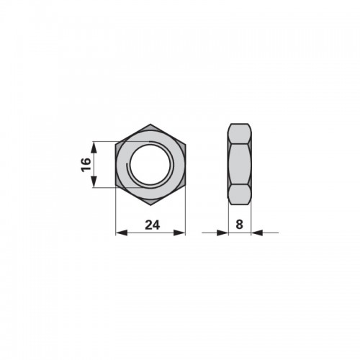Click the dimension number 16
tap(86, 165)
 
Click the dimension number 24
tap(153, 225)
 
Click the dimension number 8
tap(239, 225)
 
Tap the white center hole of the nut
tap(150, 165)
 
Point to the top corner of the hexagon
tap(150, 124)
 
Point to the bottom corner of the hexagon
tap(150, 205)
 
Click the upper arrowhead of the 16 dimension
tap(94, 148)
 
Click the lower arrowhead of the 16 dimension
tap(94, 181)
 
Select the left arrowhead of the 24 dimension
tap(122, 233)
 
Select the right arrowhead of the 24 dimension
tap(179, 233)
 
